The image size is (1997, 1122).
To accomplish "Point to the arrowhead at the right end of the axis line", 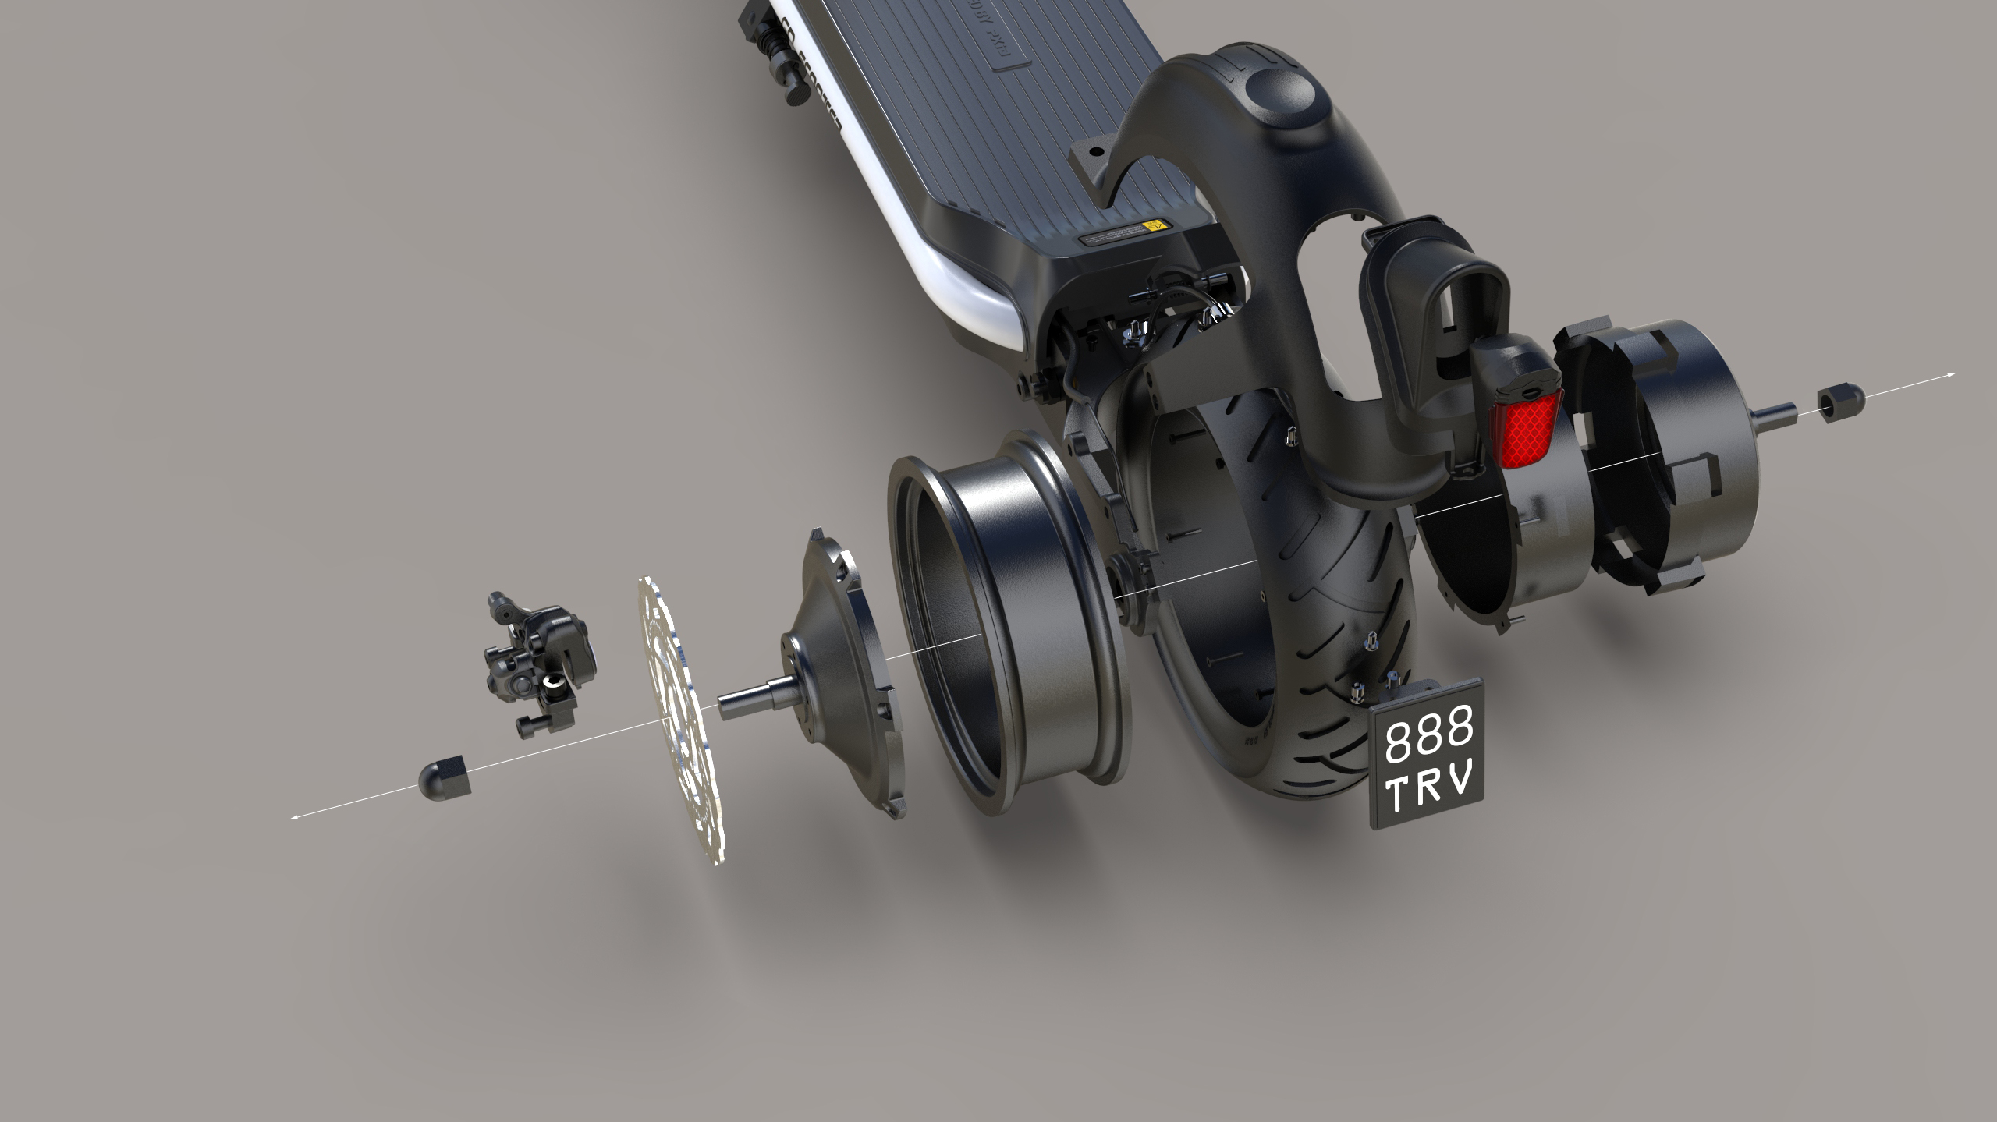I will [x=1950, y=376].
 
